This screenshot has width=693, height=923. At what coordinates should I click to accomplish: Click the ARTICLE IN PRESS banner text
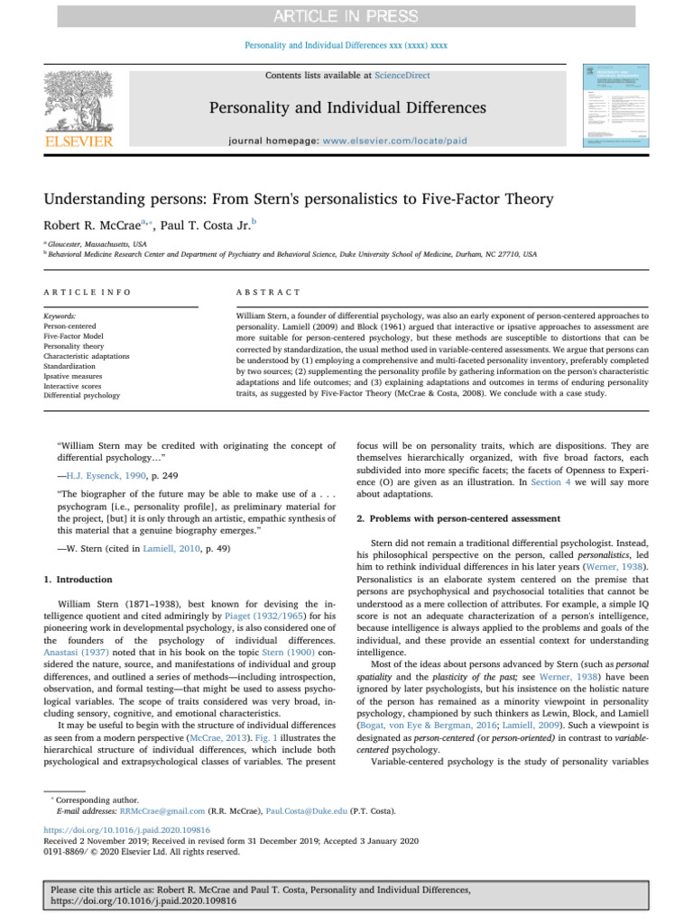click(346, 16)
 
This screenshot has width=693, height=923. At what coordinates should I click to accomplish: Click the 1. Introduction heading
click(80, 579)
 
